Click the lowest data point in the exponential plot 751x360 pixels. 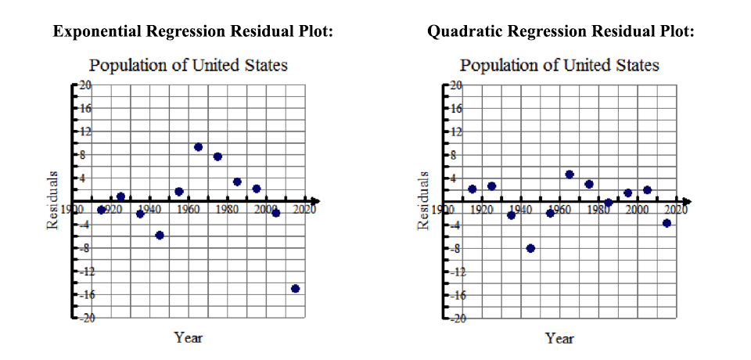click(295, 289)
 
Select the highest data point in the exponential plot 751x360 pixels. click(198, 147)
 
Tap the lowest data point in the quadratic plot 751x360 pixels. click(530, 248)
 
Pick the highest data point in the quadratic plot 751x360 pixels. click(570, 175)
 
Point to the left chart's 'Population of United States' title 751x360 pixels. click(188, 65)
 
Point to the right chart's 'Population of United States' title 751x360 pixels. click(559, 65)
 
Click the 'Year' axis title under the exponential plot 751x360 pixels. click(188, 338)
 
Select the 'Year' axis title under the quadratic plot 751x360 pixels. click(559, 338)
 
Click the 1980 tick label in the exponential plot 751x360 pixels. click(227, 210)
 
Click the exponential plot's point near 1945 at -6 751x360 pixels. click(160, 236)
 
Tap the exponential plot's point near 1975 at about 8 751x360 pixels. click(217, 157)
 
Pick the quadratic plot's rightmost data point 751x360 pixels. click(667, 223)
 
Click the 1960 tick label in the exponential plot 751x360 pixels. click(188, 210)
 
